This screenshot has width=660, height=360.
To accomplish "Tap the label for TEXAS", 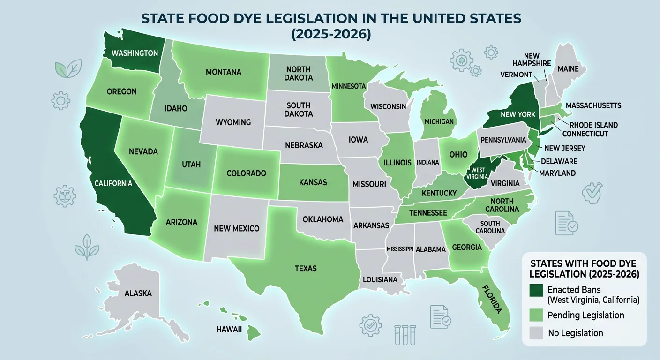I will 306,269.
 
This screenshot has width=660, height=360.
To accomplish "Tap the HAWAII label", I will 229,329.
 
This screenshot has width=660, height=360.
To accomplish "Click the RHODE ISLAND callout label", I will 593,125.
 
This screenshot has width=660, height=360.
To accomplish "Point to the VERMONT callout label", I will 516,75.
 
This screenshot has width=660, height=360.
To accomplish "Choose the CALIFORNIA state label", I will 112,183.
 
